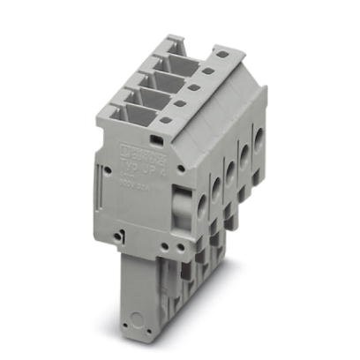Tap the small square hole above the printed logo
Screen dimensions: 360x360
[156, 139]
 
